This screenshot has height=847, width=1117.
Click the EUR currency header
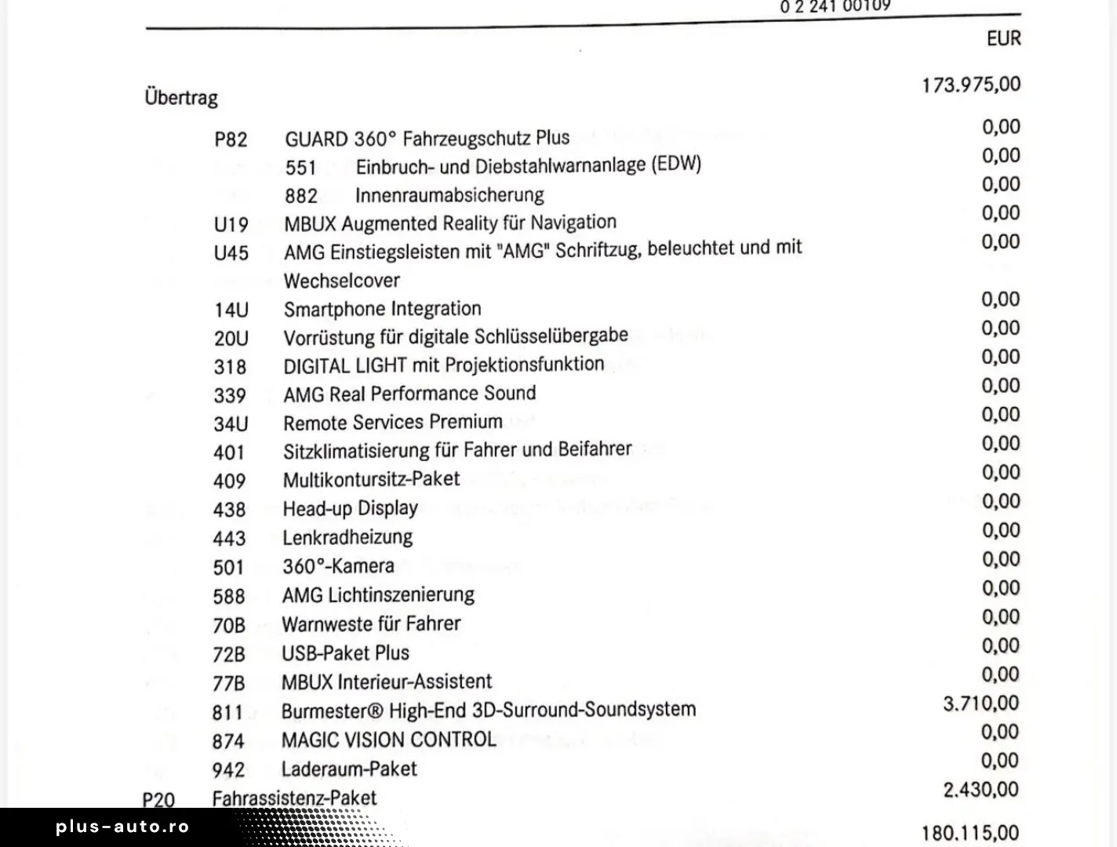pos(1003,38)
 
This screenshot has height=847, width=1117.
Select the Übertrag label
pos(181,98)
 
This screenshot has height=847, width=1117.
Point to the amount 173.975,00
pos(971,85)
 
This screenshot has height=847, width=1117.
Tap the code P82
pos(231,140)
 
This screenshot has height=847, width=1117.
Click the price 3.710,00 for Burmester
pos(981,703)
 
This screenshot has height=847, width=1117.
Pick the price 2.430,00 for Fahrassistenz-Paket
pos(981,790)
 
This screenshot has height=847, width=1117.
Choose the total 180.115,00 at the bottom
pos(970,833)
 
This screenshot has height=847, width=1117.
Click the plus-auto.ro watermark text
pos(122,827)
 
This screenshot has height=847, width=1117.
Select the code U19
pos(231,225)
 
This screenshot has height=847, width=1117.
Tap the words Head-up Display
pos(350,508)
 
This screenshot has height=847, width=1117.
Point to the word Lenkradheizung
pos(347,537)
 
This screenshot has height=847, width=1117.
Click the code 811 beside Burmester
pos(227,713)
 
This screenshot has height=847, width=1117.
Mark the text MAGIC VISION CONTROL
pos(388,740)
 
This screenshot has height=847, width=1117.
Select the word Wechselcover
pos(341,281)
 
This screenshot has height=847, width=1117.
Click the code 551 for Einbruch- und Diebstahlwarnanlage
pos(300,168)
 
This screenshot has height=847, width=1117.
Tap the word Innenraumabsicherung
pos(449,194)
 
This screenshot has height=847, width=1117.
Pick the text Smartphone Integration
pos(382,309)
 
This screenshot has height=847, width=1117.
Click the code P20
pos(158,800)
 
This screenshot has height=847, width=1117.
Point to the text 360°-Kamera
pos(338,566)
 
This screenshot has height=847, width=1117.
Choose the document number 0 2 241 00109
pos(835,7)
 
